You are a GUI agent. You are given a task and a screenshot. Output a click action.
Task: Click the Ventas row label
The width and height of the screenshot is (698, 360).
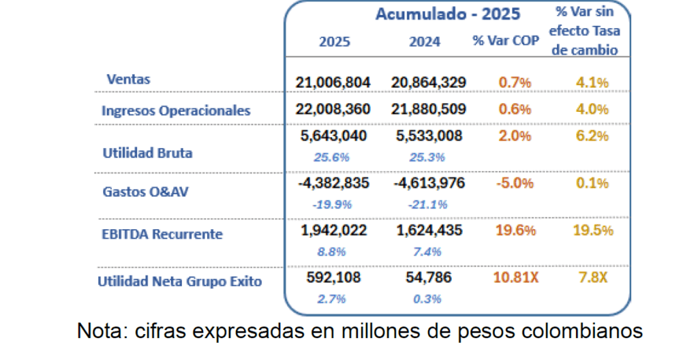point(128,79)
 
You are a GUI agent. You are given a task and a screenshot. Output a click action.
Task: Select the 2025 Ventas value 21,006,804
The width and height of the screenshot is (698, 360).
point(333,82)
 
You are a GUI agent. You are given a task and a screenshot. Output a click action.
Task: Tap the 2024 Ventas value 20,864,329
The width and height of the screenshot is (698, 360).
point(429,82)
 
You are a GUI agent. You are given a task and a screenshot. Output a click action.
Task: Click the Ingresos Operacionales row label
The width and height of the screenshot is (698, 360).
point(176,110)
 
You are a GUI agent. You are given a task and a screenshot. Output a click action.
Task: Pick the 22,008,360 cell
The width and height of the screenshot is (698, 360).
point(333,109)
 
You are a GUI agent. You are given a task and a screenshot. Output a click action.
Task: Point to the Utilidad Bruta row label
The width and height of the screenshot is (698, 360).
point(147,153)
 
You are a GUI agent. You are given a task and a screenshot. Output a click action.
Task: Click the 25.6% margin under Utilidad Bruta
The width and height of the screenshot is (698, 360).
point(333,157)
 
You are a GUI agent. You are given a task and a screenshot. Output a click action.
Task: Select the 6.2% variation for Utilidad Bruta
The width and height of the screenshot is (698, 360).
point(592,136)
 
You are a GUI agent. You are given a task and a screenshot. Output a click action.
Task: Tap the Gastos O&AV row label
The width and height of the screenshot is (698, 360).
point(145,192)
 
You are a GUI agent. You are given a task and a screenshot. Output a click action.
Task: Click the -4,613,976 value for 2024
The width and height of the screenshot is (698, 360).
point(429,183)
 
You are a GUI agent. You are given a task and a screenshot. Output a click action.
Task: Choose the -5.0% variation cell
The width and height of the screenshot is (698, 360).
point(515,183)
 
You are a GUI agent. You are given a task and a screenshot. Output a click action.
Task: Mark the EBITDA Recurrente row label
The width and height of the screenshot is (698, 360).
point(162,234)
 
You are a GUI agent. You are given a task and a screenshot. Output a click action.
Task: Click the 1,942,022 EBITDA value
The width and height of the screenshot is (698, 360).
point(333,230)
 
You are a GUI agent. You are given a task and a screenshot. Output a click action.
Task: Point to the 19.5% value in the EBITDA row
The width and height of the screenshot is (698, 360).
point(592,230)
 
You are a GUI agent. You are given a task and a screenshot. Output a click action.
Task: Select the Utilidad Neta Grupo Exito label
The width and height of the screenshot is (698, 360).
point(179,281)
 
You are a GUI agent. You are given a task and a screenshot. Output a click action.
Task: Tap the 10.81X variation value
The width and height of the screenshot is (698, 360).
point(515,277)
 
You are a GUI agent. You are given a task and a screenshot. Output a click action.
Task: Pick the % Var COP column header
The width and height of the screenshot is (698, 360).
point(506,41)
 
